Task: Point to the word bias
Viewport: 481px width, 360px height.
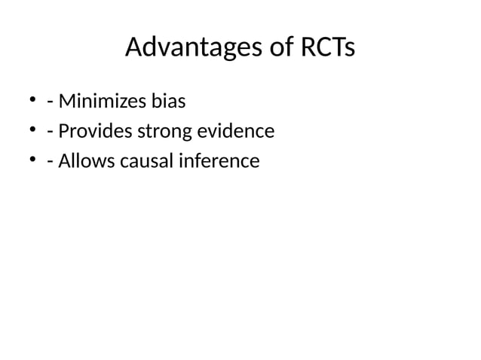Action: pyautogui.click(x=170, y=101)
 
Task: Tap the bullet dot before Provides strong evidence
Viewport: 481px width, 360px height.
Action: pyautogui.click(x=33, y=131)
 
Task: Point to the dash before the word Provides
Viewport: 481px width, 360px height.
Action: pyautogui.click(x=50, y=133)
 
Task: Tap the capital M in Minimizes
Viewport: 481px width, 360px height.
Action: pyautogui.click(x=66, y=101)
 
